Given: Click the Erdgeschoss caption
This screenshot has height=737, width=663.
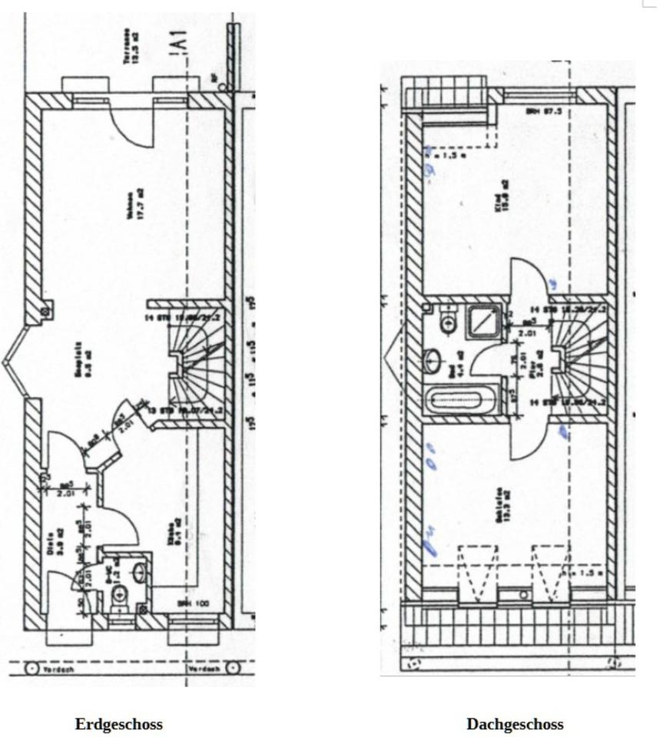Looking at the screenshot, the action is [118, 724].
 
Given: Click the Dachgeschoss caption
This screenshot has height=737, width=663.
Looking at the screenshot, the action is [515, 724].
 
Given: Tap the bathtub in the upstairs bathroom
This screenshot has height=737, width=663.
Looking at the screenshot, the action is [456, 401].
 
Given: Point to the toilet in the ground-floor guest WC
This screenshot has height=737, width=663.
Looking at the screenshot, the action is [119, 596].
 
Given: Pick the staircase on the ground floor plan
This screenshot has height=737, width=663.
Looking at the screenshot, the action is [195, 361].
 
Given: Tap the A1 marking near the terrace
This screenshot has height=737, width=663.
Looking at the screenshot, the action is [179, 42].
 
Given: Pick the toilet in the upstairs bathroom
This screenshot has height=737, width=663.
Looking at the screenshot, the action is [448, 322].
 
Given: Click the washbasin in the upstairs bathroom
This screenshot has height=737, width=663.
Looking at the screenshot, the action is [433, 359].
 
